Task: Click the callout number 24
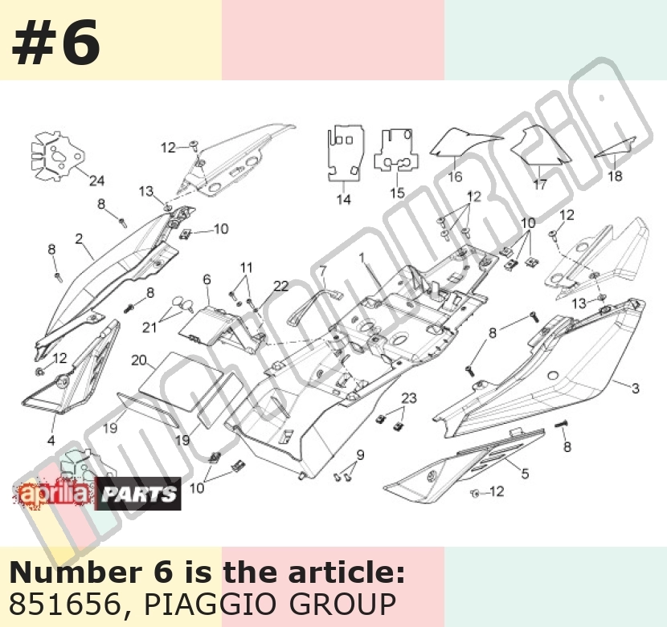pyautogui.click(x=96, y=181)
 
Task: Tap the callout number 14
pyautogui.click(x=344, y=199)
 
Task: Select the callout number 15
pyautogui.click(x=397, y=193)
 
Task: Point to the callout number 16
pyautogui.click(x=455, y=177)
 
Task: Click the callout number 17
pyautogui.click(x=540, y=185)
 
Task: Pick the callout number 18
pyautogui.click(x=615, y=176)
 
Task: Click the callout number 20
pyautogui.click(x=139, y=360)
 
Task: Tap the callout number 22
pyautogui.click(x=281, y=286)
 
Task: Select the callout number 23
pyautogui.click(x=409, y=398)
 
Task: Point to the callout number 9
pyautogui.click(x=360, y=455)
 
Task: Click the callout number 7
pyautogui.click(x=323, y=271)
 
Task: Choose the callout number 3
pyautogui.click(x=635, y=388)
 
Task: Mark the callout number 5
pyautogui.click(x=526, y=473)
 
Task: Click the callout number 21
pyautogui.click(x=149, y=328)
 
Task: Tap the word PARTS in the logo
pyautogui.click(x=139, y=494)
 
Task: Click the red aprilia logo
pyautogui.click(x=55, y=494)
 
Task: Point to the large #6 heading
pyautogui.click(x=56, y=43)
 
